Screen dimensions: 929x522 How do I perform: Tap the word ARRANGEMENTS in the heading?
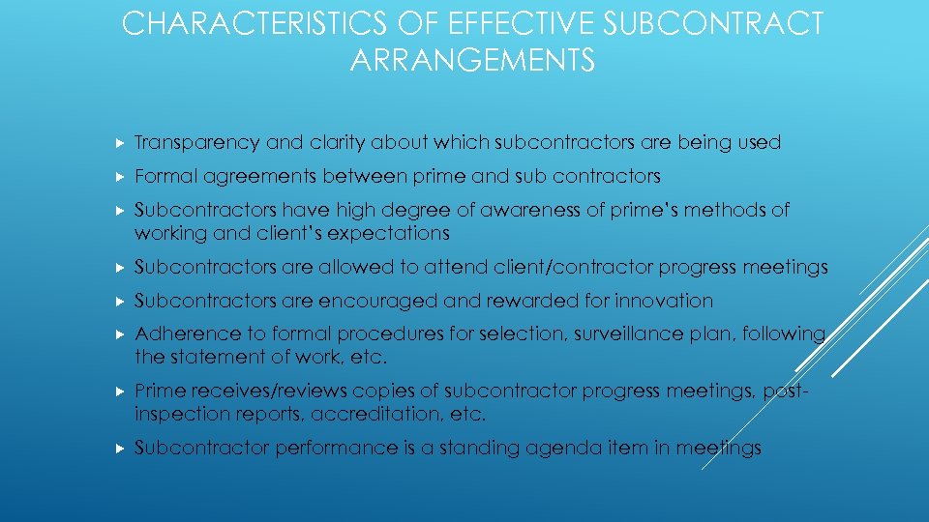point(472,62)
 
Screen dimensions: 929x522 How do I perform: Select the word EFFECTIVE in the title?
point(489,24)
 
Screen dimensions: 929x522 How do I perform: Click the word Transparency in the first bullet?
point(196,143)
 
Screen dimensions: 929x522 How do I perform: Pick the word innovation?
point(665,301)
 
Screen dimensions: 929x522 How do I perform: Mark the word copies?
point(408,391)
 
